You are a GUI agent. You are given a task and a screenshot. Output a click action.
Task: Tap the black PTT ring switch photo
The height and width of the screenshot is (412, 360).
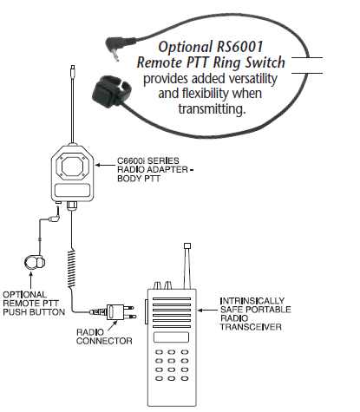[x=111, y=91]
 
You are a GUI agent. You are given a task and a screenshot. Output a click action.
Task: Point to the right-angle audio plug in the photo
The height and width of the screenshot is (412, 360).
[x=114, y=48]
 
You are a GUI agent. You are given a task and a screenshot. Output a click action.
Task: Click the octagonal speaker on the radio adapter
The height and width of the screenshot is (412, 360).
[x=72, y=167]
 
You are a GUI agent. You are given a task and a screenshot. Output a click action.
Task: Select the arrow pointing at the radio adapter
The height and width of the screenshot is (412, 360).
[x=105, y=165]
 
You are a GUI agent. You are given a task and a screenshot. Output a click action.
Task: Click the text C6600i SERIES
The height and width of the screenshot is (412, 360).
[x=147, y=160]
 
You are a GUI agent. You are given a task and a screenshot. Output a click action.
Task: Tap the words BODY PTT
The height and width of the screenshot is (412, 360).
[x=139, y=179]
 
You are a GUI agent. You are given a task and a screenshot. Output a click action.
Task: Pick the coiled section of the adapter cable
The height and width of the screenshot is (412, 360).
[x=71, y=269]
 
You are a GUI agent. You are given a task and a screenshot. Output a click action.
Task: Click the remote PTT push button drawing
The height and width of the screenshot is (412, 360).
[x=35, y=262]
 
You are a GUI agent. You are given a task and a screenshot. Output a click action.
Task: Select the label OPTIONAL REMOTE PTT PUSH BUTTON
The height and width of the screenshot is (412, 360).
[x=34, y=304]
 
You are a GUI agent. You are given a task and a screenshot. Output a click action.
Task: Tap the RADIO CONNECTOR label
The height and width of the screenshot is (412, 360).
[x=104, y=337]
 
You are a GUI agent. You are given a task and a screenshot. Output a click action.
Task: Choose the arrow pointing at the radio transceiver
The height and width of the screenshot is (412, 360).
[x=207, y=311]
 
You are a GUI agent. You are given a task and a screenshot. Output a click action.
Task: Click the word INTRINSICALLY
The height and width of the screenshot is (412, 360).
[x=252, y=301]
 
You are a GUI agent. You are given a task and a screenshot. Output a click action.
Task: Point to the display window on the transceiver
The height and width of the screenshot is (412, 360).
[x=171, y=337]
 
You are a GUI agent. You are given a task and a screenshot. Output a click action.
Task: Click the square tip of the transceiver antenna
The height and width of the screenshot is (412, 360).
[x=187, y=246]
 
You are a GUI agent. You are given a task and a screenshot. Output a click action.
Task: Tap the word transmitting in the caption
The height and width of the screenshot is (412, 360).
[x=212, y=109]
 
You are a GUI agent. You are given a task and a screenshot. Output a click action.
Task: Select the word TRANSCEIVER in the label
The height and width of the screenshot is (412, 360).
[x=251, y=327]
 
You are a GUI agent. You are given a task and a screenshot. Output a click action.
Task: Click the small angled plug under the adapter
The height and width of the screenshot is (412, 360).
[x=55, y=217]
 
